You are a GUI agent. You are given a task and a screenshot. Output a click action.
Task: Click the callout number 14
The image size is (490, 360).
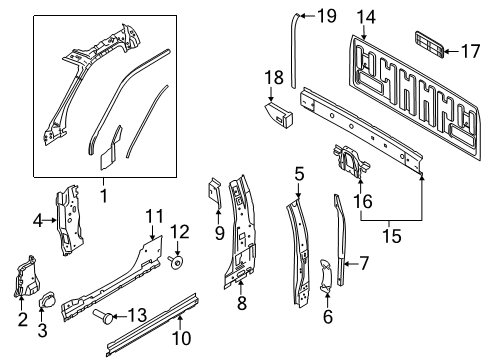pos(366,16)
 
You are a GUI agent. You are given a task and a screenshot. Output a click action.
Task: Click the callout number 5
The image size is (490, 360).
pos(298,173)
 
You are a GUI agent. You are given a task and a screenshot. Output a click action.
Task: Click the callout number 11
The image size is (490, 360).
pos(153,215)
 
